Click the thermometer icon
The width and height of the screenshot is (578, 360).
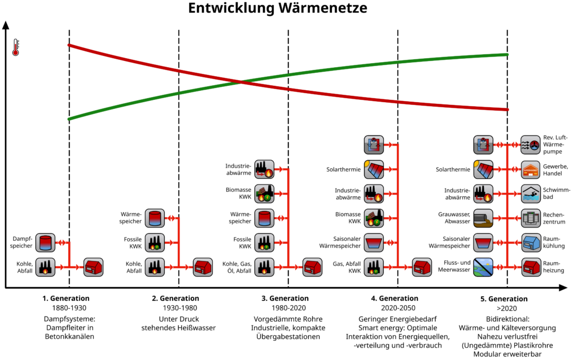(x=15, y=47)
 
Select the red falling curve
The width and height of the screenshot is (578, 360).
(x=141, y=62)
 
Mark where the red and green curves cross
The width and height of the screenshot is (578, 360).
(x=242, y=82)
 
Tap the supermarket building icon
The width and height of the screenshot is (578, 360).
(x=531, y=169)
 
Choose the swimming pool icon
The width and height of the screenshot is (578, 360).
(x=531, y=194)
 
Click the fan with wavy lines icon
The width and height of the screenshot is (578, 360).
(x=531, y=145)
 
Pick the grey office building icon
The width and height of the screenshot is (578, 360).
(x=531, y=218)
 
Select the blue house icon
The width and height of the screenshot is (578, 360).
(x=531, y=243)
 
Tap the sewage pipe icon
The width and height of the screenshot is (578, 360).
(x=483, y=218)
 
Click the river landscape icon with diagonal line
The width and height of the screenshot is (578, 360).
(x=483, y=267)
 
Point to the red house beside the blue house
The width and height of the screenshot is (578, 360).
(x=531, y=267)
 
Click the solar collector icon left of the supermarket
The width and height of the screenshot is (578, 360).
(x=483, y=169)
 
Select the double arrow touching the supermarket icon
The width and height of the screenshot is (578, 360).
(x=515, y=169)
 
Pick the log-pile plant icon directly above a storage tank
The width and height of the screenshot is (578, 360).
(x=264, y=194)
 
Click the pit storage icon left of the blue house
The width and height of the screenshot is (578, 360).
(x=483, y=243)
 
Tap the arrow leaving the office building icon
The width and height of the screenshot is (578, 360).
(x=515, y=218)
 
